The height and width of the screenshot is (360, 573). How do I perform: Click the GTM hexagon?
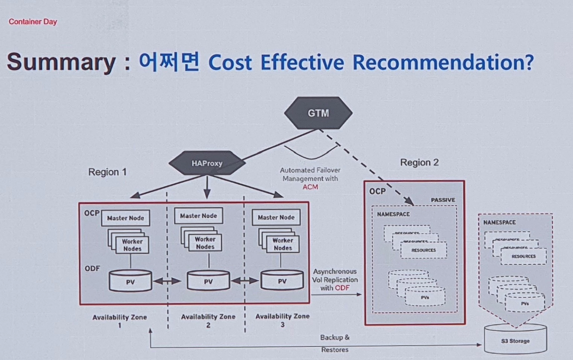pos(318,113)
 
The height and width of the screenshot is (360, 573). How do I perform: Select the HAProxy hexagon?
pos(207,163)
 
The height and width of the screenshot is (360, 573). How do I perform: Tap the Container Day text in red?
pos(33,21)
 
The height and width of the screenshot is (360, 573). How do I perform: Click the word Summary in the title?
pos(61,62)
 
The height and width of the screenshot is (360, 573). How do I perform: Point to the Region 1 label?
pos(107,172)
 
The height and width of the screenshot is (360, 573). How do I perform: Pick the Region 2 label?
pos(419,162)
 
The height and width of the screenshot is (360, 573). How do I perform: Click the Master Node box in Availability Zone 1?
pos(125,218)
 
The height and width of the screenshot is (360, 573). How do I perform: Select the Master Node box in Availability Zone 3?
pos(276,217)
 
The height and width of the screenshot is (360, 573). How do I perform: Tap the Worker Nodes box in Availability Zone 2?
pos(205,243)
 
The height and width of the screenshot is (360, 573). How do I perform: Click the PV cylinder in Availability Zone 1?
pos(130,282)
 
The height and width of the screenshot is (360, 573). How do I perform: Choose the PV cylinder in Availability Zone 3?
pos(282,281)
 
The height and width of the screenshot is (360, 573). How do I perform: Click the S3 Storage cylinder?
pos(515,340)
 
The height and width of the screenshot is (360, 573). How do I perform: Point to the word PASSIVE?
pos(443,200)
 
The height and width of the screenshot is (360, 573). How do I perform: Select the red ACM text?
pos(310,187)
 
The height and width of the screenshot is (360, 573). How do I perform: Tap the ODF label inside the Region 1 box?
pos(92,268)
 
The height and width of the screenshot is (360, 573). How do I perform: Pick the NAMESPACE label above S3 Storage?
pos(499,222)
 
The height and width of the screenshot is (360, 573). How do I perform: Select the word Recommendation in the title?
pos(443,62)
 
